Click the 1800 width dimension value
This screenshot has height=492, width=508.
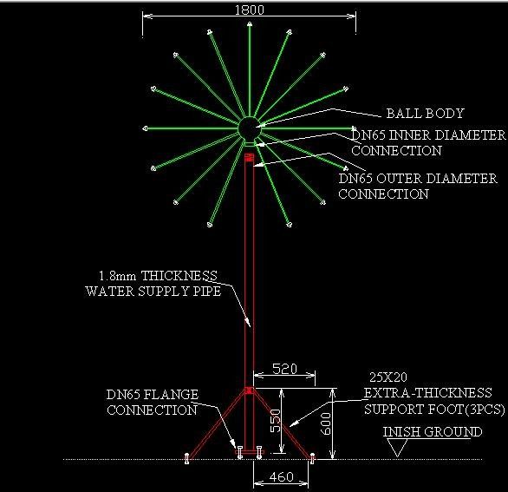[249, 10]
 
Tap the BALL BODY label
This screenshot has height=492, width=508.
[425, 113]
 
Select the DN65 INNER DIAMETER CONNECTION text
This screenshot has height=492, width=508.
[428, 142]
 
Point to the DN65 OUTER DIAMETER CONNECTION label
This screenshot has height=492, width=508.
[418, 187]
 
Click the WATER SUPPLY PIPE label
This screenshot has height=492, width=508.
[153, 291]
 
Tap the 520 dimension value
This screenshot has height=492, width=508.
[284, 369]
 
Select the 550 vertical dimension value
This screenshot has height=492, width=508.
[276, 420]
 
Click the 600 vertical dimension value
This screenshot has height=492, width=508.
[326, 423]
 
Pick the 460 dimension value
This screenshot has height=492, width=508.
[281, 476]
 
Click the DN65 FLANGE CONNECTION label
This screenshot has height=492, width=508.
[153, 402]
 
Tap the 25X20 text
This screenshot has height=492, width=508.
[388, 377]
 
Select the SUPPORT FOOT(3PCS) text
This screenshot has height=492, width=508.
[434, 410]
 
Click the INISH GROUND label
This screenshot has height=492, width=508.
[433, 431]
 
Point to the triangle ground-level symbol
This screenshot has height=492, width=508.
[397, 449]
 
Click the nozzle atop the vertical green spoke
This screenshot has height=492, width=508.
[250, 24]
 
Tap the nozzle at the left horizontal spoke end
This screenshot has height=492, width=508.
[145, 128]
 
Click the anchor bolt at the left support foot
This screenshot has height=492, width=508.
[186, 458]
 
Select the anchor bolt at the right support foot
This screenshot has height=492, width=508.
[312, 458]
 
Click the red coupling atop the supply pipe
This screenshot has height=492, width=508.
[249, 158]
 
